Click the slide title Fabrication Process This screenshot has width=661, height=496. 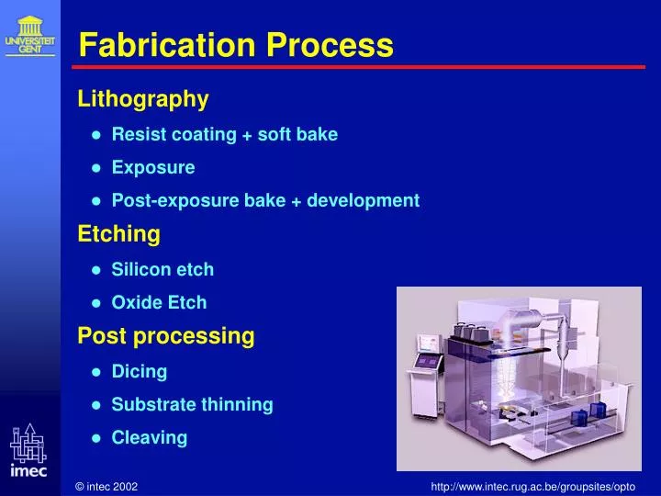coord(236,44)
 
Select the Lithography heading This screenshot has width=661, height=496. coord(143,98)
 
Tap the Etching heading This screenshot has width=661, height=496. coord(118,234)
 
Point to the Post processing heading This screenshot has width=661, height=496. coord(165,336)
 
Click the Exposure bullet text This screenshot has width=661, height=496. coord(153,168)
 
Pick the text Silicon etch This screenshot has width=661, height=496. coord(162,270)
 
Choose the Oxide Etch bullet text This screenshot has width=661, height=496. coord(159,303)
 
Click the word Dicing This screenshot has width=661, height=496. coord(140,372)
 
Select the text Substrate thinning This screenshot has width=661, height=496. coord(192,405)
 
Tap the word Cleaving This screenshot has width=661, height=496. coord(150,438)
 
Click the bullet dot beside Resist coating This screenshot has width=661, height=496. coord(96,135)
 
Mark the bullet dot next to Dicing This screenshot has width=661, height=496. coord(96,372)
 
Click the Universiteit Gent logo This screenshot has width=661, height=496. coord(29,35)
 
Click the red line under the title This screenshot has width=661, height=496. coord(358,67)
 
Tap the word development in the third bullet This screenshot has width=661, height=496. coord(363,201)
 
